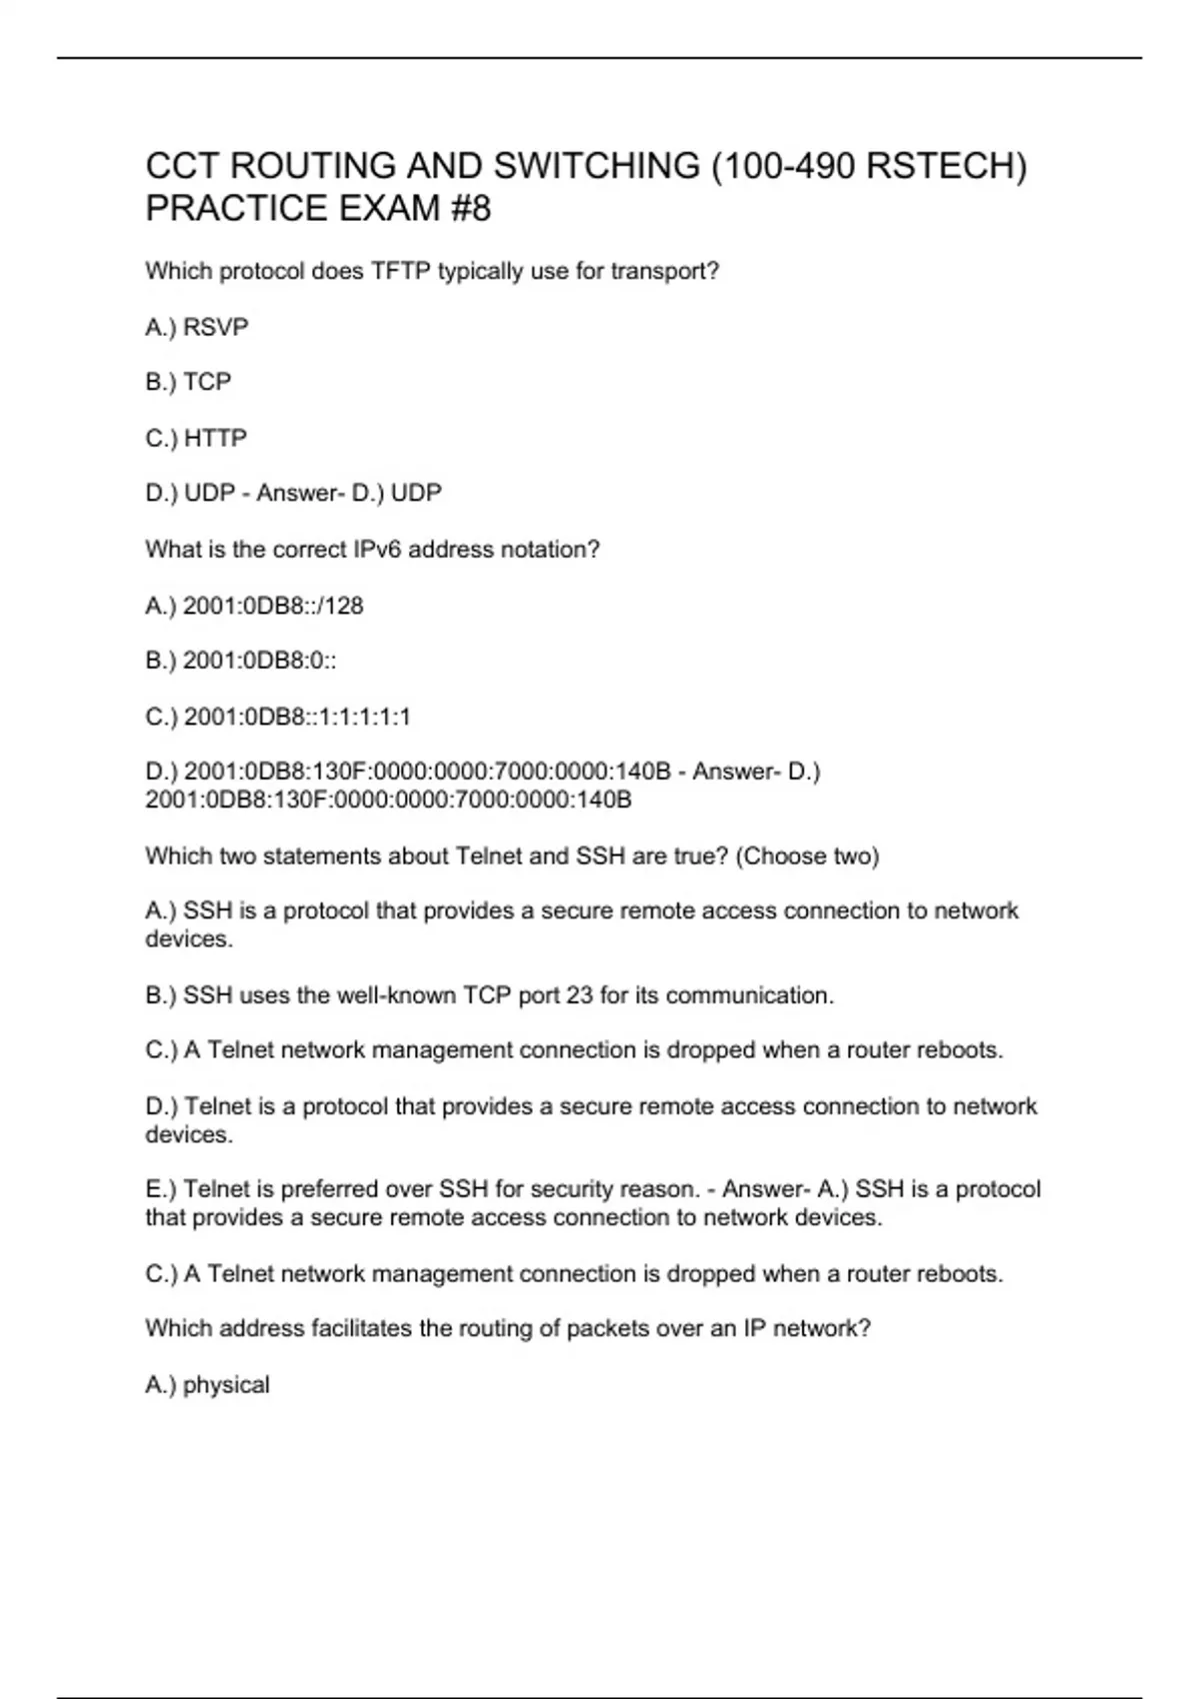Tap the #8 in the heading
point(469,209)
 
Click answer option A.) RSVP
point(197,328)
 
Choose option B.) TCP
point(189,382)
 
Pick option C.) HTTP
point(197,438)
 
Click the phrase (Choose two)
point(807,856)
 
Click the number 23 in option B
point(579,995)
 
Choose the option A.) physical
point(208,1385)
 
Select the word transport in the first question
point(660,272)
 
